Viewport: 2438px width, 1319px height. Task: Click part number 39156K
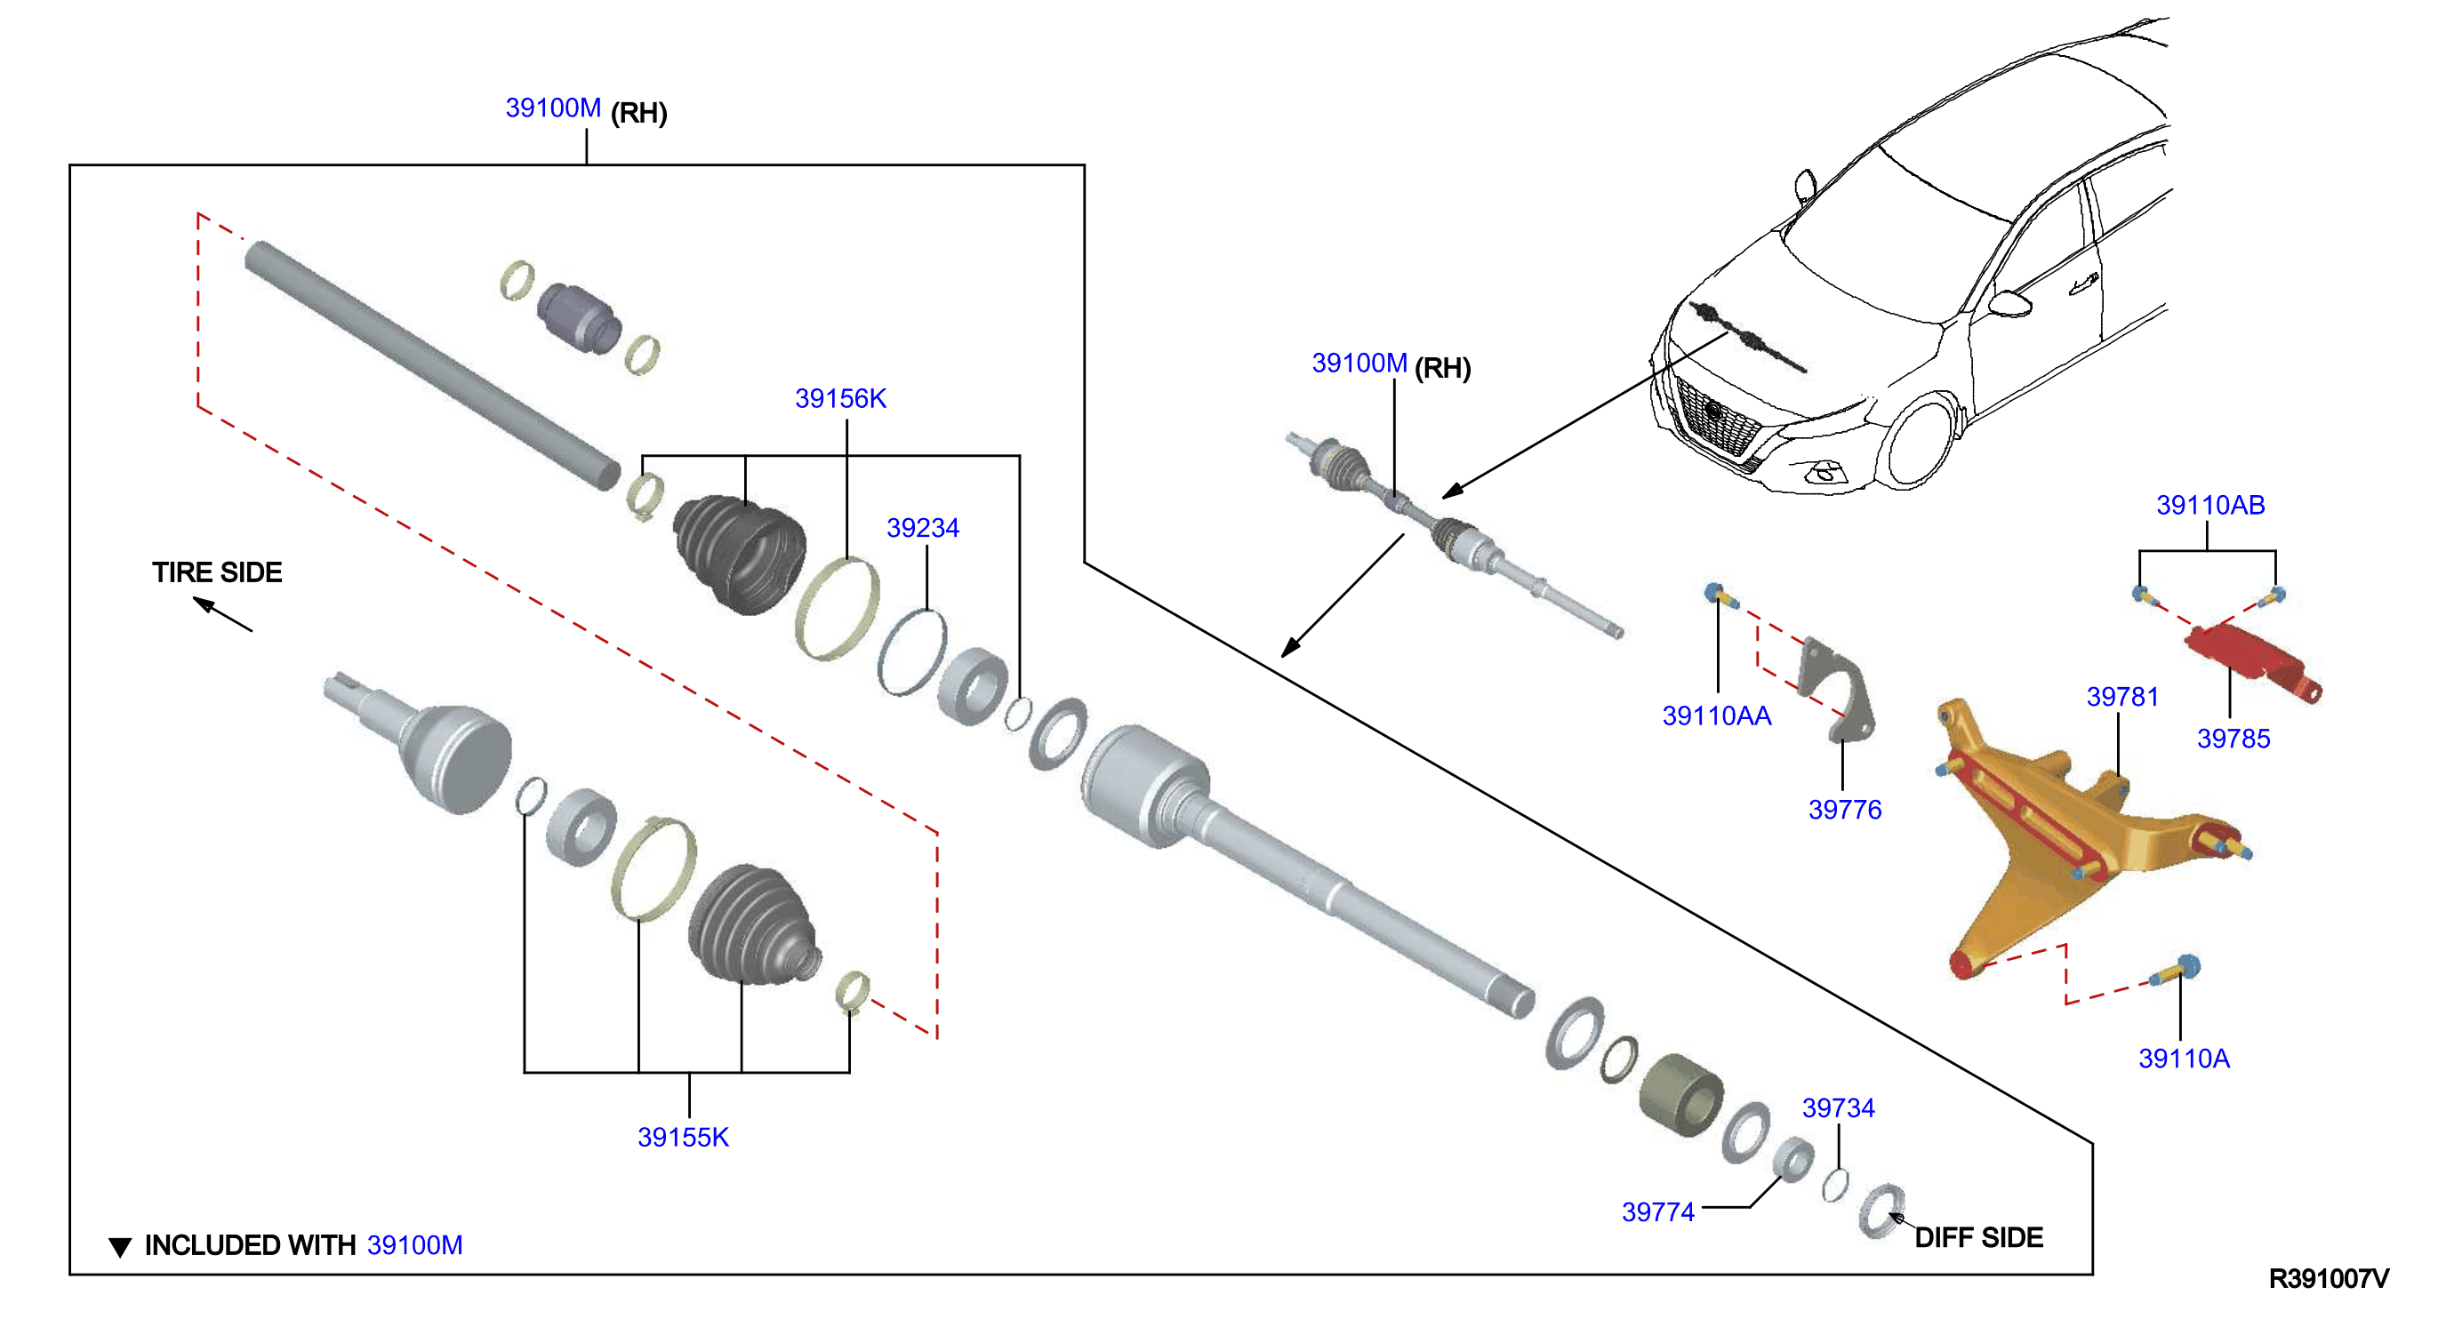pyautogui.click(x=840, y=398)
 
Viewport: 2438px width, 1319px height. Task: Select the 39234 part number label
pyautogui.click(x=923, y=528)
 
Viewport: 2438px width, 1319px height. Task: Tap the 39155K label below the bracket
pyautogui.click(x=684, y=1138)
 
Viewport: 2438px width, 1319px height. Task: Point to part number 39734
pyautogui.click(x=1838, y=1108)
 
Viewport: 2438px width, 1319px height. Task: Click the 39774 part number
pyautogui.click(x=1658, y=1212)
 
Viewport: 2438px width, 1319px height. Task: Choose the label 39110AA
pyautogui.click(x=1717, y=716)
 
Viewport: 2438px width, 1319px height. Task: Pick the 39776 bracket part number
pyautogui.click(x=1845, y=810)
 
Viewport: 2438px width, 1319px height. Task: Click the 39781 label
pyautogui.click(x=2123, y=698)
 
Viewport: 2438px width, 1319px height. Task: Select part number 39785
pyautogui.click(x=2233, y=739)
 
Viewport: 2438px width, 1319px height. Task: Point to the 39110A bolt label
pyautogui.click(x=2185, y=1059)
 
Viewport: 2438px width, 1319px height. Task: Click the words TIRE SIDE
pyautogui.click(x=218, y=572)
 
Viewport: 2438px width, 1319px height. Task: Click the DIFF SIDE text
pyautogui.click(x=1979, y=1239)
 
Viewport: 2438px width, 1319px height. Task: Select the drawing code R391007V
pyautogui.click(x=2330, y=1279)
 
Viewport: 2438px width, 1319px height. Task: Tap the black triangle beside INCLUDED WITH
pyautogui.click(x=120, y=1247)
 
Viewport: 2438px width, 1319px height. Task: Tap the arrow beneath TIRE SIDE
pyautogui.click(x=223, y=614)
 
